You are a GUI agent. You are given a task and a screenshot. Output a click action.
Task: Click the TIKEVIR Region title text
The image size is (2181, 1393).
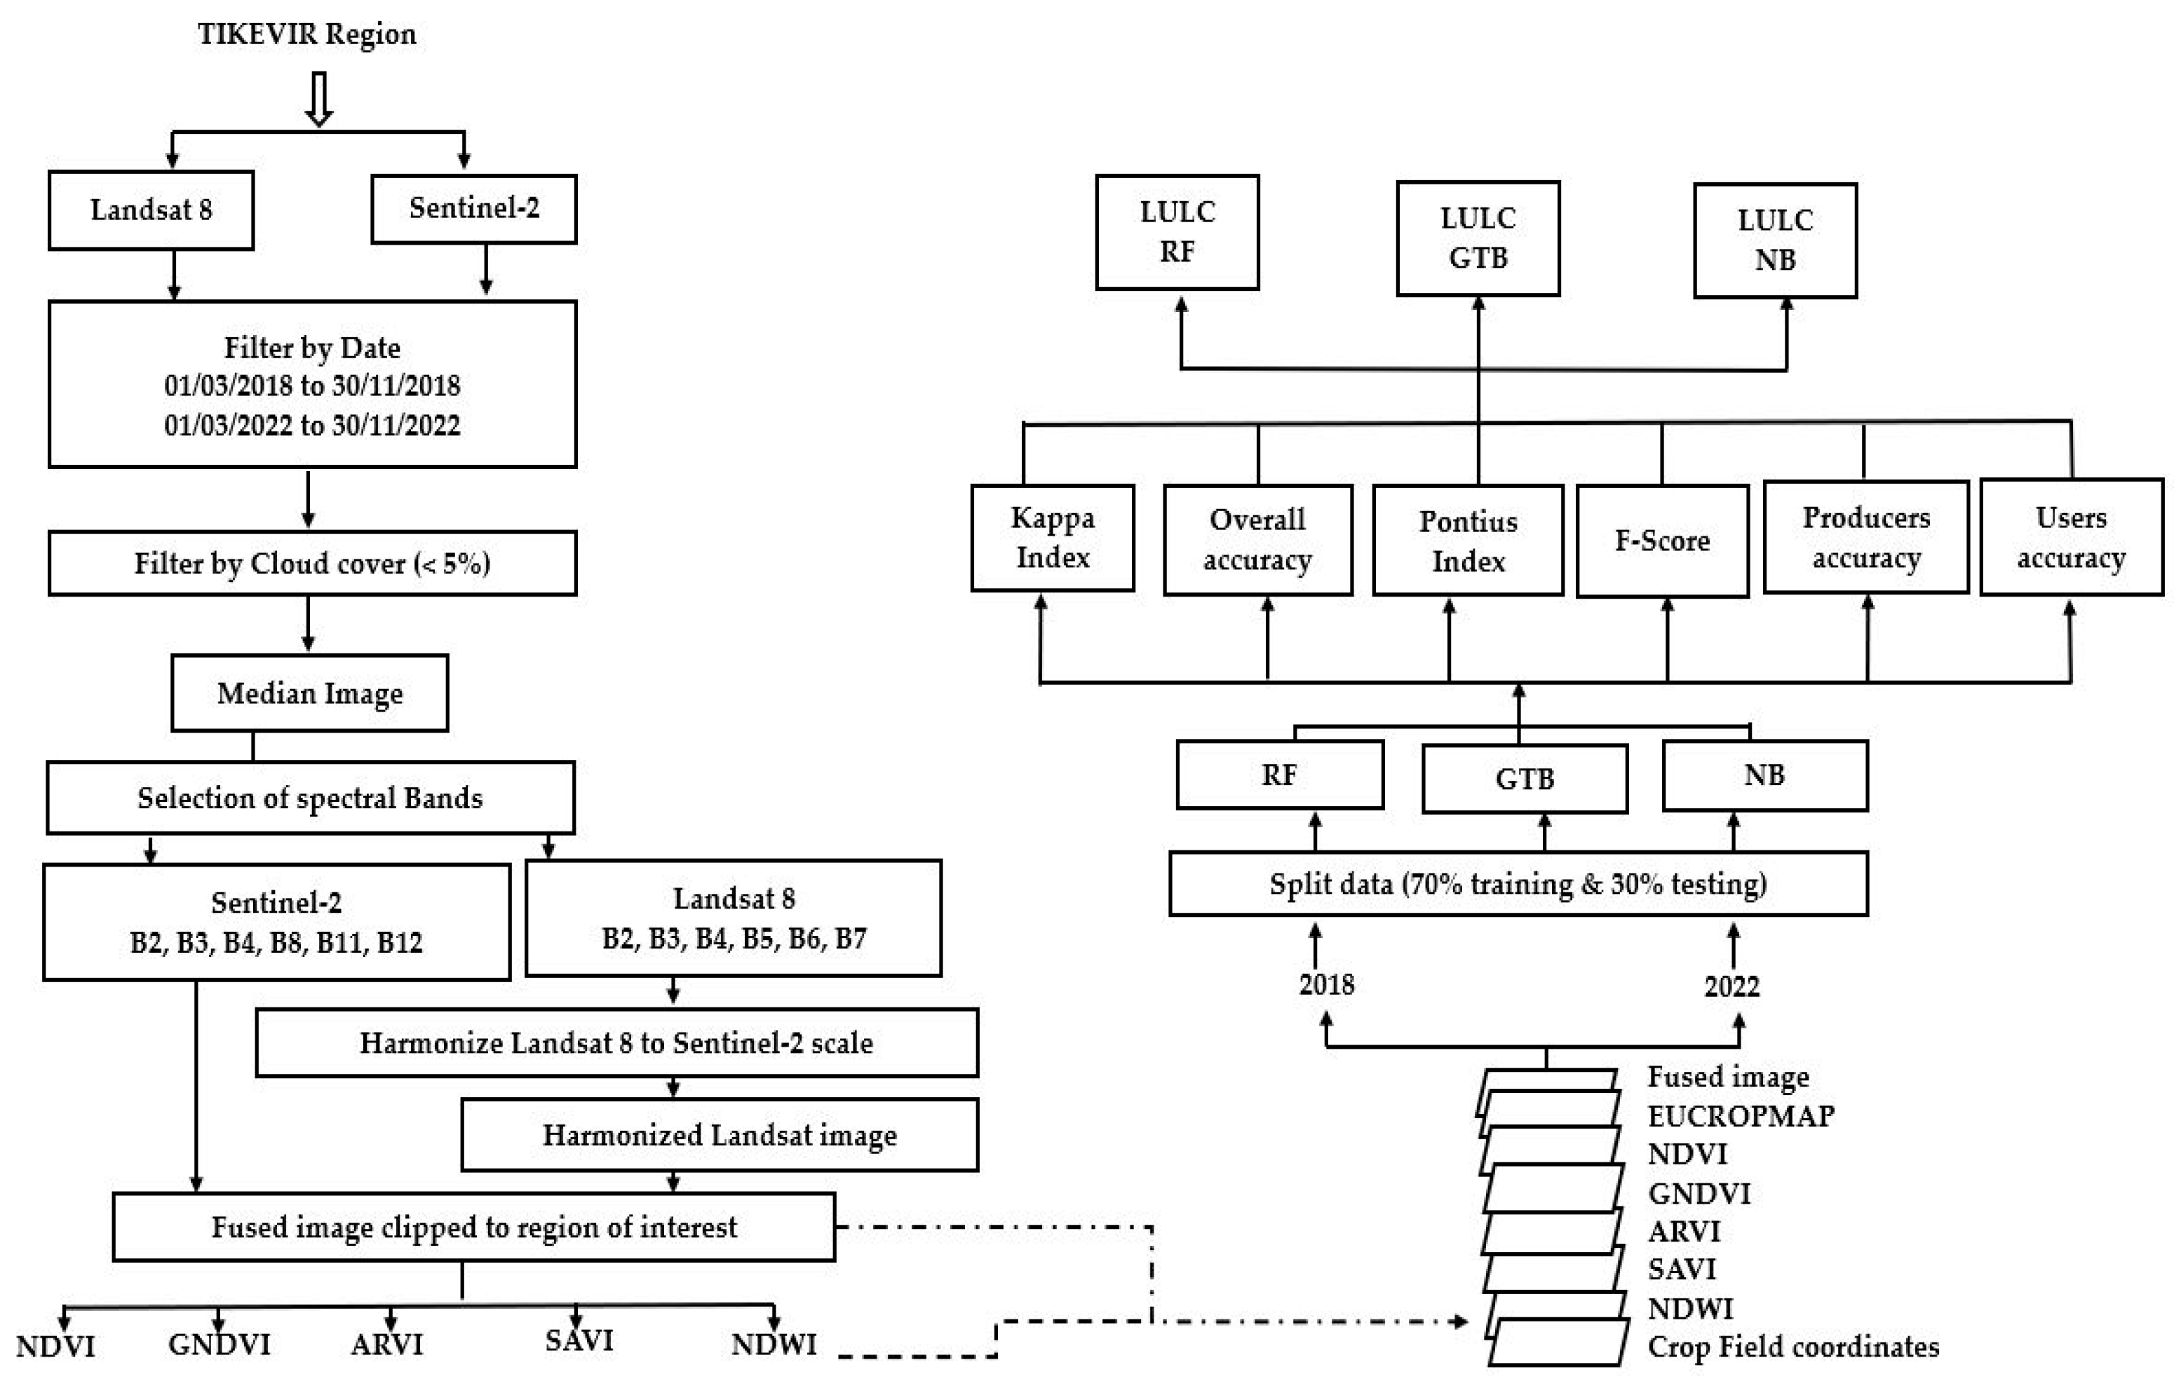(x=307, y=34)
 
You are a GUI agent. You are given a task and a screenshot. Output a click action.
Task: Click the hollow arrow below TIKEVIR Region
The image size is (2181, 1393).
(x=319, y=99)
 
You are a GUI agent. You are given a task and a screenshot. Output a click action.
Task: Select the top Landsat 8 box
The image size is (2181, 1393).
(x=151, y=210)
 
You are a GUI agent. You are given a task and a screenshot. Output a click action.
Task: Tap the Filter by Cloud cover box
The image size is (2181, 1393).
(x=313, y=564)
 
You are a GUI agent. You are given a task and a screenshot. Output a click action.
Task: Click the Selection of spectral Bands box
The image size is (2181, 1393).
(x=310, y=798)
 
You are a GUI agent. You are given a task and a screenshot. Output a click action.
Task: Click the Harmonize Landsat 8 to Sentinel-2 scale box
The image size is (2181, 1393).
(x=617, y=1042)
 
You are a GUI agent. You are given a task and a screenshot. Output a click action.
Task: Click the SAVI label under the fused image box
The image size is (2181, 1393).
(x=579, y=1340)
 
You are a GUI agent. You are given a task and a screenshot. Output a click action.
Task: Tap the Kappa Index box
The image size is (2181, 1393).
(x=1053, y=538)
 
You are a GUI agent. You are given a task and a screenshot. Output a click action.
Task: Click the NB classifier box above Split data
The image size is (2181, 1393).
(x=1764, y=776)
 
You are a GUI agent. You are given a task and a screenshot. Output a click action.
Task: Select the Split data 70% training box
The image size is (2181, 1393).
(x=1518, y=884)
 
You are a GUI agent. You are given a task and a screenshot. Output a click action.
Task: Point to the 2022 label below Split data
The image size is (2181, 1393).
(x=1731, y=986)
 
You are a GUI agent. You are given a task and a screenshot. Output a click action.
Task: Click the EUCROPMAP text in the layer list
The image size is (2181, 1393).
(x=1740, y=1116)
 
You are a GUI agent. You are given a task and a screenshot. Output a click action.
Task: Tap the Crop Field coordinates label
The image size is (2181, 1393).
(x=1792, y=1347)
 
